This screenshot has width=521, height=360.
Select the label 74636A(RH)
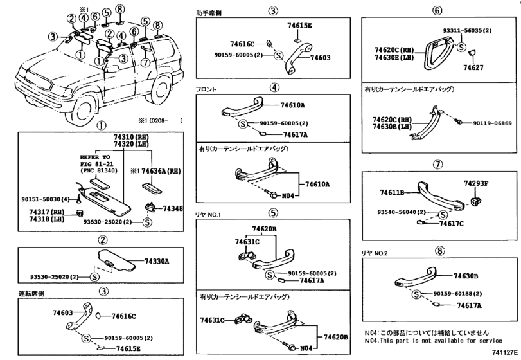point(161,172)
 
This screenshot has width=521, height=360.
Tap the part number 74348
point(173,209)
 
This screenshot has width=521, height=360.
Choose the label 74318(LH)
point(46,219)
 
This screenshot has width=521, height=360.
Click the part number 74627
point(474,67)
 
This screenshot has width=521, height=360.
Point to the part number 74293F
point(477,183)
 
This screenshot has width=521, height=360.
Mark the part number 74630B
point(466,276)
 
